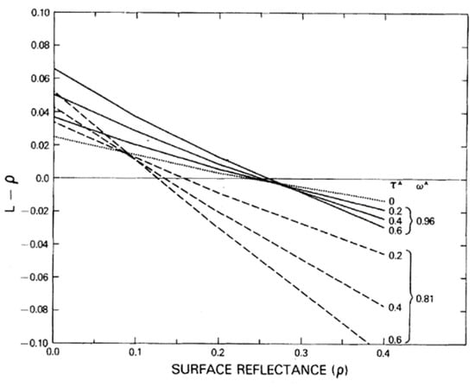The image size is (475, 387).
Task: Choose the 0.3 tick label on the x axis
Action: tap(302, 354)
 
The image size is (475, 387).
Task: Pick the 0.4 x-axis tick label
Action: tap(385, 354)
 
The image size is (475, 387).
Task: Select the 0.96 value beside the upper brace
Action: tap(429, 219)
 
